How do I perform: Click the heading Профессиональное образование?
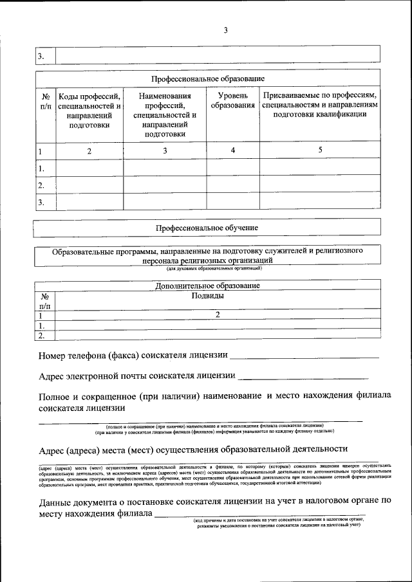pos(207,78)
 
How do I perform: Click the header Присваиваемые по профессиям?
pos(319,105)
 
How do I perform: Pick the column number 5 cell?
pos(319,150)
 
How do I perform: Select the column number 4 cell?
pos(232,150)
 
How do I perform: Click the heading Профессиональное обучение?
pos(207,228)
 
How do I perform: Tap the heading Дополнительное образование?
pos(207,285)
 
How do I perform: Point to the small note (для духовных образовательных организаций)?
pos(207,269)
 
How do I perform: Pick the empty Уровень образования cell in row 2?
pos(232,185)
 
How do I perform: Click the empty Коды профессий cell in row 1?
pos(89,168)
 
